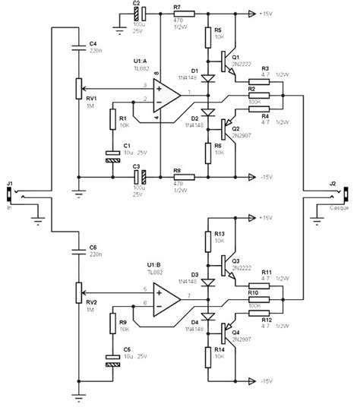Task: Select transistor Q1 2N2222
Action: point(229,58)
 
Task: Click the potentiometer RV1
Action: point(79,88)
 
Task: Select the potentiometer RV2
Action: point(79,291)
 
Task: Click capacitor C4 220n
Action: point(79,47)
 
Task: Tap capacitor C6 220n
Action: point(79,250)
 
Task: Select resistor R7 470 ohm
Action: point(182,14)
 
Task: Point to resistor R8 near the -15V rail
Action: point(182,177)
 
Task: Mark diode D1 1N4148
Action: point(207,77)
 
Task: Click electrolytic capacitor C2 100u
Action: point(139,14)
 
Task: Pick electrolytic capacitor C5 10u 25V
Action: point(112,359)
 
